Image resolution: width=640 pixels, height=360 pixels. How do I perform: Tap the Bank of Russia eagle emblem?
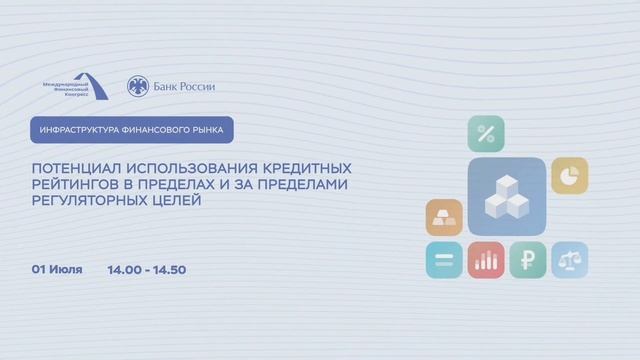[x=138, y=86]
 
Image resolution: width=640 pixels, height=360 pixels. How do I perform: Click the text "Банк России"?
[x=184, y=87]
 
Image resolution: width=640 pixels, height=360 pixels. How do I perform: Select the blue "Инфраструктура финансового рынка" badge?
[x=132, y=130]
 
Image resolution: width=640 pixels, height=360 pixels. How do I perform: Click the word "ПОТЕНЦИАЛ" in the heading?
[x=76, y=168]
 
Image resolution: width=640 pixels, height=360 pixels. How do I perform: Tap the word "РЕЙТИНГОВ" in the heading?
[x=75, y=184]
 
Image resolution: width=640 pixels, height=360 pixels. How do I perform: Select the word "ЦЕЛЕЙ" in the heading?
[x=176, y=200]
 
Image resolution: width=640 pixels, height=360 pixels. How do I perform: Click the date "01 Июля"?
[x=57, y=269]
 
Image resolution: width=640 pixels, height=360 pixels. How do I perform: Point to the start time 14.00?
[x=124, y=270]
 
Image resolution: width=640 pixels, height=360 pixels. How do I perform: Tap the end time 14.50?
[x=169, y=270]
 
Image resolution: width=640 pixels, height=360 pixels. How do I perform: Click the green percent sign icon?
[x=486, y=134]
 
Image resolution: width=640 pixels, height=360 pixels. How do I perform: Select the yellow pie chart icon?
[x=570, y=176]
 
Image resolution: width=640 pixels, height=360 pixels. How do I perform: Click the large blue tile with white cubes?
[x=507, y=196]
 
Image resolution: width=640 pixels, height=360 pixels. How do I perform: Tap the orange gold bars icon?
[x=444, y=218]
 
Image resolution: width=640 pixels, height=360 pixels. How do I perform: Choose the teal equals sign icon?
[x=444, y=260]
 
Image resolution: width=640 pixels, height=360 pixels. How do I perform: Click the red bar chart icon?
[x=486, y=260]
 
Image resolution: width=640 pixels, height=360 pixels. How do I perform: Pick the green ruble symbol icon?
[x=528, y=260]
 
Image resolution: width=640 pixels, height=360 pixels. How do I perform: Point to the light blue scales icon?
[x=570, y=260]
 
